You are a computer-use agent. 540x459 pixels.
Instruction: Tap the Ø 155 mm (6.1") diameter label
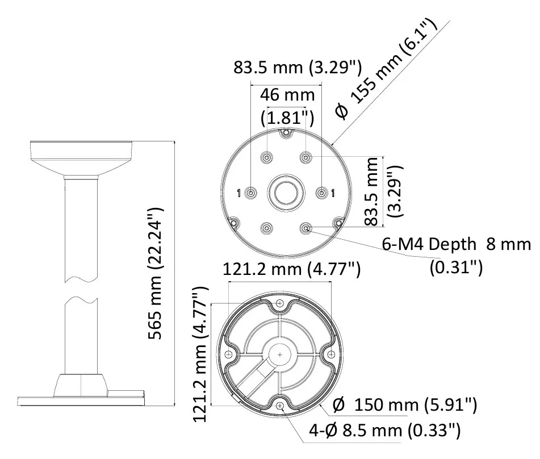pos(386,67)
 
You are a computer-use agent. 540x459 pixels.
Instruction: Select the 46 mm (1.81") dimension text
pos(287,106)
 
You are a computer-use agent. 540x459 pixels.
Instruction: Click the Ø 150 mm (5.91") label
pos(405,404)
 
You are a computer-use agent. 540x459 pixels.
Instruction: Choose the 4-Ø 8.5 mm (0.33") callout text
pos(384,431)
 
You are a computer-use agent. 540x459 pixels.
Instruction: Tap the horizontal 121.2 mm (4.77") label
pos(292,269)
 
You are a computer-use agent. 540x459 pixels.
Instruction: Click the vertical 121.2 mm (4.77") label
pos(200,354)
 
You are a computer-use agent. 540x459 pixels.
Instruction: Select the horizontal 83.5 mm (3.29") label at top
pos(298,67)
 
